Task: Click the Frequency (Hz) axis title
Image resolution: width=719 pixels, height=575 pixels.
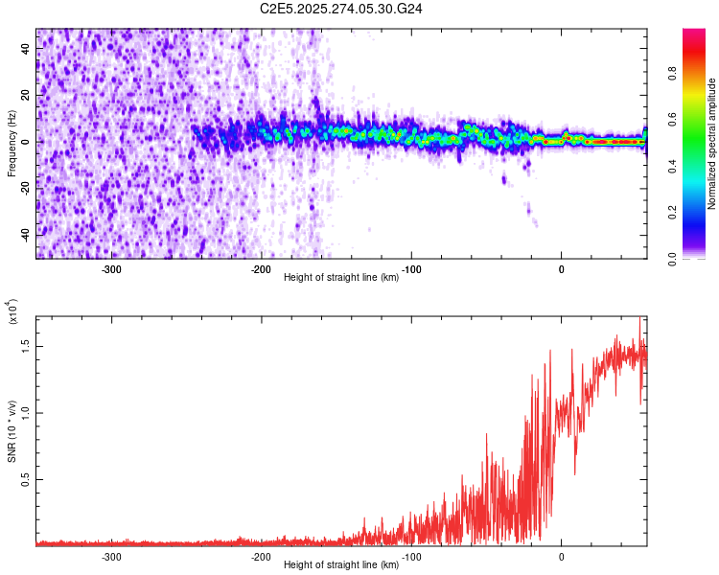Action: tap(12, 143)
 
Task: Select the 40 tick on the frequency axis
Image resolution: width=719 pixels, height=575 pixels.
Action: tap(26, 50)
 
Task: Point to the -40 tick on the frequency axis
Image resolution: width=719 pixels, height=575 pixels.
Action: tap(24, 234)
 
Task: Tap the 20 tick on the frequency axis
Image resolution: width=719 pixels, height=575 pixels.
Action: tap(26, 96)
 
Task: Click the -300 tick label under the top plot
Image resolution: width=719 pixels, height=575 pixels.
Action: tap(111, 268)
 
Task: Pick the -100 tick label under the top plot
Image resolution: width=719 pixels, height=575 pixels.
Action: tap(411, 268)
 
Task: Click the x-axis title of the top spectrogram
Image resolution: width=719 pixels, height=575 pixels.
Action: tap(341, 279)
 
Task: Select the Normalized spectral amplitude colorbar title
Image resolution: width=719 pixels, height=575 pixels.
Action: tap(711, 144)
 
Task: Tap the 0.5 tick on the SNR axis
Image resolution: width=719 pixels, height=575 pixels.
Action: tap(25, 479)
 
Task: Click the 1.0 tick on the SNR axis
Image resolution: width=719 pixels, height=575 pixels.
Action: tap(25, 412)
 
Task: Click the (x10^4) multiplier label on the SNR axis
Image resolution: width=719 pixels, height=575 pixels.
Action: tap(12, 312)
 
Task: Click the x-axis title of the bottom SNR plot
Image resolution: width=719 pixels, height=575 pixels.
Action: tap(341, 565)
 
